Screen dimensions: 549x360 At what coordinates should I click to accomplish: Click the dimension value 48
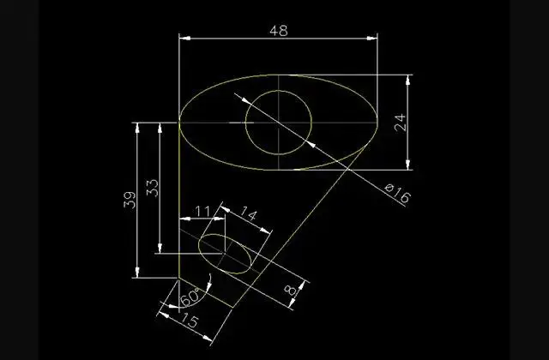pos(279,31)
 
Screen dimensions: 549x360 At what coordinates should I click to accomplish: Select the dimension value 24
pos(401,123)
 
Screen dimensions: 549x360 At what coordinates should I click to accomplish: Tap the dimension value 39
pos(130,200)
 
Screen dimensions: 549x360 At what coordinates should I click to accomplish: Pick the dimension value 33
pos(153,189)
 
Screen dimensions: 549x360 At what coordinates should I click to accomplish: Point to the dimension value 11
pos(202,212)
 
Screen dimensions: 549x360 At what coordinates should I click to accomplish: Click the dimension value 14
pos(249,213)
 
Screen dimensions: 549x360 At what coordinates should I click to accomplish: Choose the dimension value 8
pos(290,290)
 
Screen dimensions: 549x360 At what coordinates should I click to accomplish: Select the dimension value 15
pos(190,321)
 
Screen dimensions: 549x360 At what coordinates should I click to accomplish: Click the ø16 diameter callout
pos(397,192)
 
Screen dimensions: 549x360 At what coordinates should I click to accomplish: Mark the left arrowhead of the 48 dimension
pos(185,38)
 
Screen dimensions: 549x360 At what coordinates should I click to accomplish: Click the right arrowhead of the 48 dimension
pos(371,38)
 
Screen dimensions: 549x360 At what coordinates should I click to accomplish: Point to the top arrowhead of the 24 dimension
pos(408,81)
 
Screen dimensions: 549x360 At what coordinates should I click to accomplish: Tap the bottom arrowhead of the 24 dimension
pos(408,164)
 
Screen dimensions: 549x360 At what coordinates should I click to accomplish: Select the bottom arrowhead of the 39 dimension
pos(137,273)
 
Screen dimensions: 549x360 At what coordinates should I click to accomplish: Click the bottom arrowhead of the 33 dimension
pos(160,248)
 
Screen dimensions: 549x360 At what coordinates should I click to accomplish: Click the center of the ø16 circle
pos(279,123)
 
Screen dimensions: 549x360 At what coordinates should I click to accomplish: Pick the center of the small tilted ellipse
pos(225,254)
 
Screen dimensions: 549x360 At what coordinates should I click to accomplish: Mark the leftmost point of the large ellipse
pos(179,123)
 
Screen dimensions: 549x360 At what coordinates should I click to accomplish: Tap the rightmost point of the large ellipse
pos(377,123)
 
